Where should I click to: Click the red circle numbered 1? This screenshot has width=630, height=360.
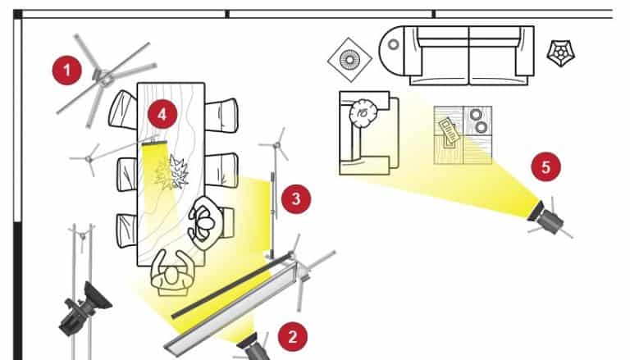coord(67,71)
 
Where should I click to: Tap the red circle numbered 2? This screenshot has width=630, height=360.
coord(293,336)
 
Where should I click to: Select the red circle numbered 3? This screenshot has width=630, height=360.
coord(296,199)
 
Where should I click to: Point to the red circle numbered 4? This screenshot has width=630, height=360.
coord(162,115)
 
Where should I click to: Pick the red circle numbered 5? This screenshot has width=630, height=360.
coord(546,166)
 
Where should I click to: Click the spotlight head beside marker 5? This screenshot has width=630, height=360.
coord(546,217)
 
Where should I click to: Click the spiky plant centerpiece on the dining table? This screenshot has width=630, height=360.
coord(173,173)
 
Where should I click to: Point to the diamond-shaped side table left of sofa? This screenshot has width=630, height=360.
coord(349,60)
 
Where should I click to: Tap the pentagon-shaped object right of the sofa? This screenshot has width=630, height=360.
coord(561,53)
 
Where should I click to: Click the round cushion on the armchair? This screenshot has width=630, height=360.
coord(363,112)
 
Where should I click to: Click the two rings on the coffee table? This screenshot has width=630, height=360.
coord(478,121)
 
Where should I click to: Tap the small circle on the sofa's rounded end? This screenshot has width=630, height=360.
coord(394,44)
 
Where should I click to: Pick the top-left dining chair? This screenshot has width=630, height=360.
coord(123,110)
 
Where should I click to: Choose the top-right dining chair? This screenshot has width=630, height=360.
coord(221,116)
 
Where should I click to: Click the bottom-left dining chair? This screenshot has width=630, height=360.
coord(127,230)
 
